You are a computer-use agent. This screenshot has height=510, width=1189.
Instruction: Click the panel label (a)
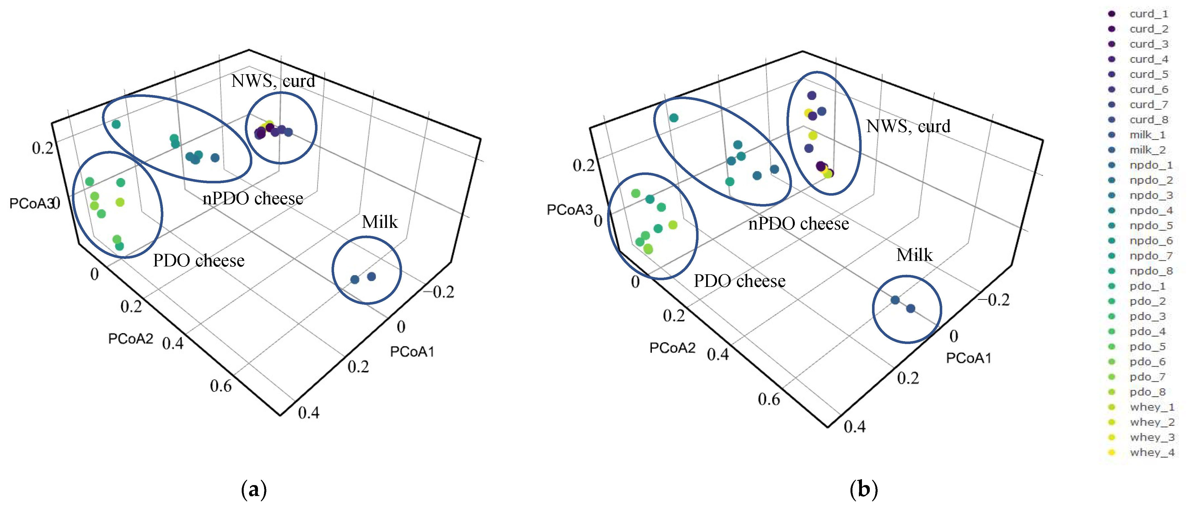tap(254, 489)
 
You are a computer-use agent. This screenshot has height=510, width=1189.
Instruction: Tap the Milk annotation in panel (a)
tap(379, 222)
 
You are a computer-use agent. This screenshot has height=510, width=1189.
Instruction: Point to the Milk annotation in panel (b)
tap(914, 255)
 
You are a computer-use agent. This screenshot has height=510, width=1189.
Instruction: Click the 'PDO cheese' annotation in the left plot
tap(198, 261)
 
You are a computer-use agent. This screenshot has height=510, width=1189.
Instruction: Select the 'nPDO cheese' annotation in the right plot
tap(798, 224)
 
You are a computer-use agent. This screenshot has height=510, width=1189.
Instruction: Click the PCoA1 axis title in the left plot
tap(412, 352)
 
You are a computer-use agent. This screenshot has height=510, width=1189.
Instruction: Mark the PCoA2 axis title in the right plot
tap(672, 348)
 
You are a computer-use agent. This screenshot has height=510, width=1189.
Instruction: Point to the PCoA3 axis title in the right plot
tap(569, 210)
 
